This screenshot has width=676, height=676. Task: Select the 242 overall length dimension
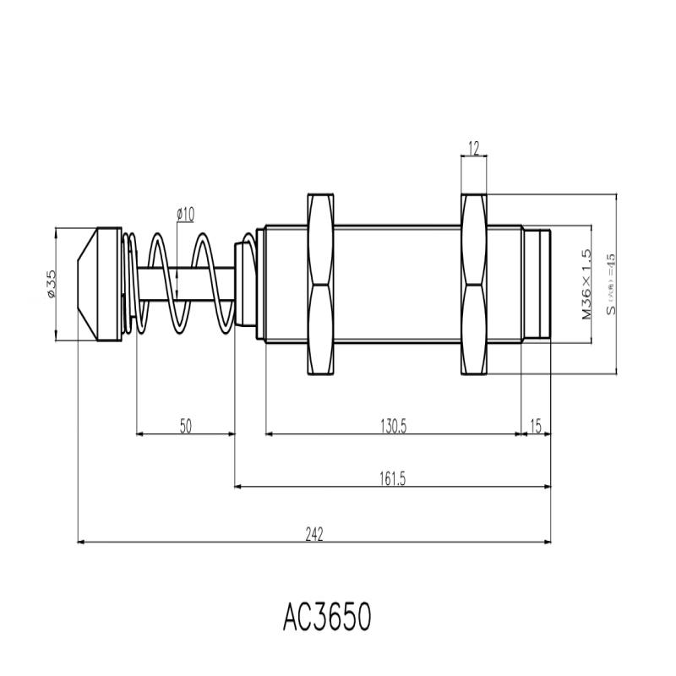point(314,533)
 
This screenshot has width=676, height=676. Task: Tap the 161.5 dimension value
point(394,479)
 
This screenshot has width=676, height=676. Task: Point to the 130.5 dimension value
point(393,426)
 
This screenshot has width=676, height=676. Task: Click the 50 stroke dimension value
point(186,426)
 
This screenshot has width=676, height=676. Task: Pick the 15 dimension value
point(536,426)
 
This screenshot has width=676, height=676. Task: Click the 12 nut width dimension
point(473,150)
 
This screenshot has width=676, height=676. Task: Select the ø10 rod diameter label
point(185,215)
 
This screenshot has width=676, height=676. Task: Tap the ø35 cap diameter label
point(51,284)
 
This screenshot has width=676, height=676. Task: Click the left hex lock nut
point(320,285)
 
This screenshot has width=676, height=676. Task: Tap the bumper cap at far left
point(101,285)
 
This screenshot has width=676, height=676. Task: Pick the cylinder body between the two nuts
point(397,285)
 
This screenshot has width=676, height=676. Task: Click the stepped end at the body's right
point(536,285)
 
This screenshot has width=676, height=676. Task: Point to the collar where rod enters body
point(244,285)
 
